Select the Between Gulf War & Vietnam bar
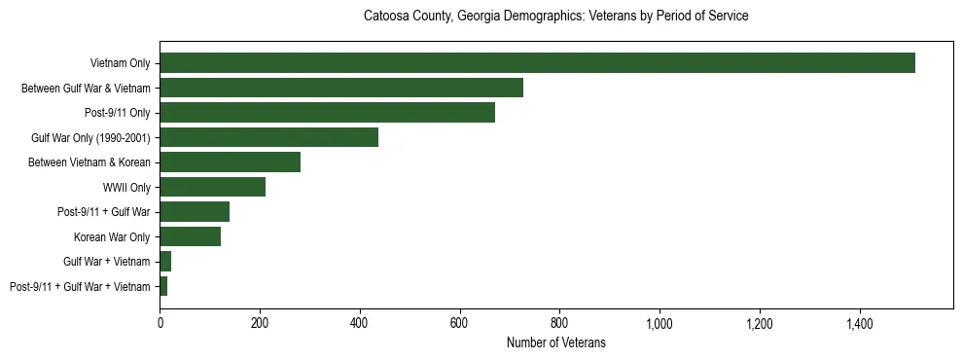[x=341, y=88]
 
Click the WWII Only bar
[x=213, y=187]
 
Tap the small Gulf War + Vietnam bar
[x=165, y=262]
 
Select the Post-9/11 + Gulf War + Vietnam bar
[x=163, y=286]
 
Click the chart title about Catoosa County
[x=555, y=17]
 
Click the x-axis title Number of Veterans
[x=555, y=342]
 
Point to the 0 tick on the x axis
[x=160, y=323]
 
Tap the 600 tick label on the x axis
[x=460, y=323]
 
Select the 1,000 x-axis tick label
[x=659, y=323]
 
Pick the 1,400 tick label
[x=860, y=323]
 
